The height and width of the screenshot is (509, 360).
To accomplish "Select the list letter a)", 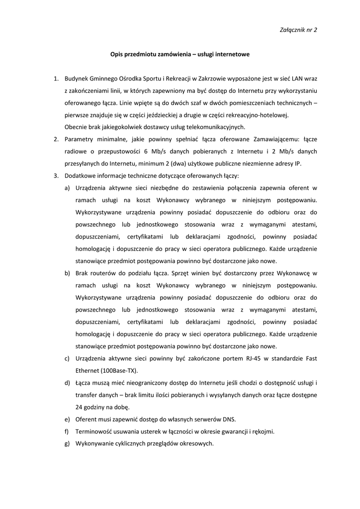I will [x=67, y=188].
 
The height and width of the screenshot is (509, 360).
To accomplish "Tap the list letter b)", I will [x=67, y=273].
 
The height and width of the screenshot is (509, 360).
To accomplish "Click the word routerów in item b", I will [x=103, y=273].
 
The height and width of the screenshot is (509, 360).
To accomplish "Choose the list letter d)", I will [x=67, y=383].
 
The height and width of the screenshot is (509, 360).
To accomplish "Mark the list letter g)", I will [x=67, y=443].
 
